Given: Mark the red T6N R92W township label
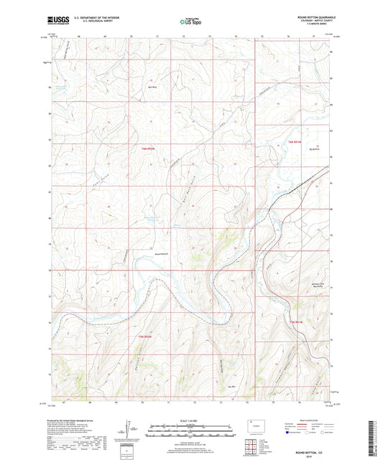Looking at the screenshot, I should tap(144, 147).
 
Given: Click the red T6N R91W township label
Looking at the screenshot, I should tap(296, 141).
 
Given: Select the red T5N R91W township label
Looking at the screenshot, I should tap(297, 321).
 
